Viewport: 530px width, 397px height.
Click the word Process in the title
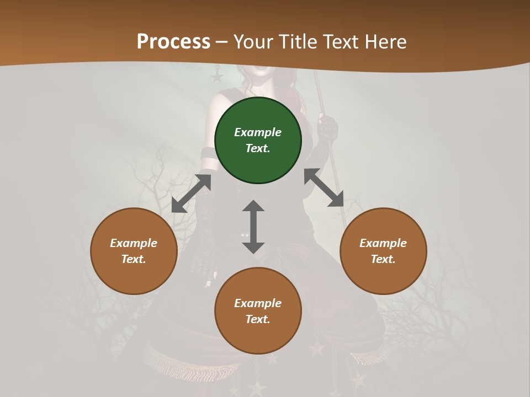pyautogui.click(x=173, y=42)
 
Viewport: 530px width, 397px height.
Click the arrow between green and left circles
pyautogui.click(x=191, y=194)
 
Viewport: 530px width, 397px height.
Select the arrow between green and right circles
pyautogui.click(x=324, y=188)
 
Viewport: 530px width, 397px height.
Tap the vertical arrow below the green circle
pyautogui.click(x=253, y=227)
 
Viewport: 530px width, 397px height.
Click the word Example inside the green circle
pyautogui.click(x=258, y=132)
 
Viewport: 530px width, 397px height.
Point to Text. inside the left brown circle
pyautogui.click(x=134, y=259)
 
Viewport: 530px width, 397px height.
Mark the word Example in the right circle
pyautogui.click(x=383, y=243)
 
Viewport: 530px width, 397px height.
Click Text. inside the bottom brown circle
pyautogui.click(x=258, y=319)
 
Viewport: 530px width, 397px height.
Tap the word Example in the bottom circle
pyautogui.click(x=258, y=303)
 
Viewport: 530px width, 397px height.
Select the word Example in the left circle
pyautogui.click(x=134, y=243)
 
